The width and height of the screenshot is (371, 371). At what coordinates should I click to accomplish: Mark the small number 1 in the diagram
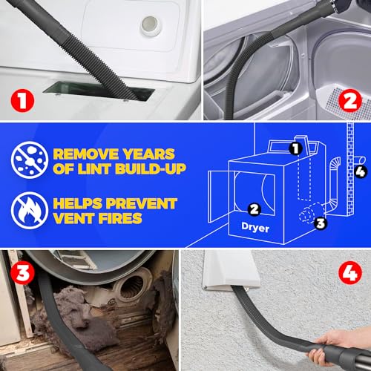[295, 148]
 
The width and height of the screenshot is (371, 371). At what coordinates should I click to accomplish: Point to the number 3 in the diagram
[321, 223]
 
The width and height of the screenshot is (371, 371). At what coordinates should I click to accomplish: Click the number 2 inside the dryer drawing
[254, 209]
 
